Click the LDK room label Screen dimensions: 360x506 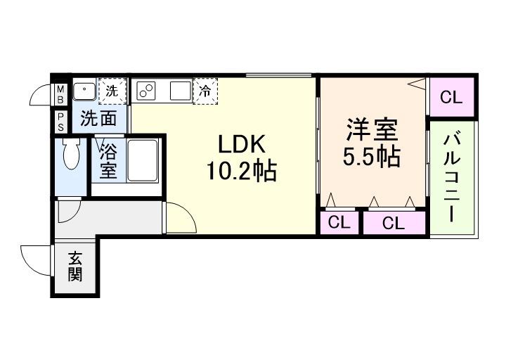pyautogui.click(x=240, y=144)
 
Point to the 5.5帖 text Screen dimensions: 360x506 pyautogui.click(x=372, y=157)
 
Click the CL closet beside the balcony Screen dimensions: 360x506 pyautogui.click(x=452, y=98)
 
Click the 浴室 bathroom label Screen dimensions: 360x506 pyautogui.click(x=108, y=160)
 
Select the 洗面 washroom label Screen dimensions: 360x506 pyautogui.click(x=98, y=118)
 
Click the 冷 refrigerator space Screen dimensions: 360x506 pyautogui.click(x=205, y=91)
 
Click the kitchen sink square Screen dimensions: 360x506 pyautogui.click(x=180, y=91)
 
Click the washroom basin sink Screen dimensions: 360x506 pyautogui.click(x=86, y=91)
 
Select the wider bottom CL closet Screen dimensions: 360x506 pyautogui.click(x=394, y=223)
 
